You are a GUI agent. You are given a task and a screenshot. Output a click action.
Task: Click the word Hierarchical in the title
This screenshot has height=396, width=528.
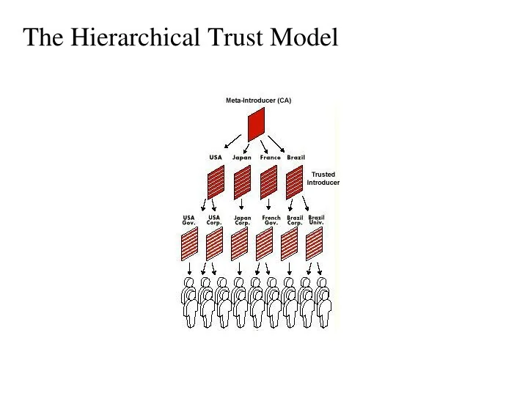pos(135,37)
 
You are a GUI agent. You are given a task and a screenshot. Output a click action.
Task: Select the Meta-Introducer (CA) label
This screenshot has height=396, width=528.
pos(259,100)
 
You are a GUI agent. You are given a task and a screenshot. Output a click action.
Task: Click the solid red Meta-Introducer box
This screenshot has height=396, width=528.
pos(256,125)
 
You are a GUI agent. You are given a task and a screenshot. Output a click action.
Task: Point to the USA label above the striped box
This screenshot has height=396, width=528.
pos(216,157)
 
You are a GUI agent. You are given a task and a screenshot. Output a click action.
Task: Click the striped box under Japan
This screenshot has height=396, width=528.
pos(242,182)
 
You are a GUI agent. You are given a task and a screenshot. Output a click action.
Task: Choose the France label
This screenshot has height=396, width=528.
pos(270,157)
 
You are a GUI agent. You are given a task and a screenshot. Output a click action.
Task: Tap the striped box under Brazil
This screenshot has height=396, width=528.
pos(294,182)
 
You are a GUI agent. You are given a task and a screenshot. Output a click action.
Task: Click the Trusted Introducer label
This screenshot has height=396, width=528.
pos(323,178)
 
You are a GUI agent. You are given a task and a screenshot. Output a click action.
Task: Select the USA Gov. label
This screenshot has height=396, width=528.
pos(188,220)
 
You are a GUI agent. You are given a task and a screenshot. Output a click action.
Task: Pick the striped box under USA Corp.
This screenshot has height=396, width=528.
pos(214,243)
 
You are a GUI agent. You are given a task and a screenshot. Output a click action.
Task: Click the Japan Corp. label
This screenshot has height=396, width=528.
pos(243,220)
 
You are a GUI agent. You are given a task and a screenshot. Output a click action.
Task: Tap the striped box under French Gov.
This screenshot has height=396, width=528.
pos(264,243)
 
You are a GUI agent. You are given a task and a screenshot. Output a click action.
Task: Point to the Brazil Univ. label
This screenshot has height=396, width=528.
pos(316,220)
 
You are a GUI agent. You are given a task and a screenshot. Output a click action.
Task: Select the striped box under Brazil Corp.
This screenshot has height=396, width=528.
pos(289,243)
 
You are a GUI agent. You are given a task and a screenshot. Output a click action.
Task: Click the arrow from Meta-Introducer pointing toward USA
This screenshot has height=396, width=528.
pos(232,142)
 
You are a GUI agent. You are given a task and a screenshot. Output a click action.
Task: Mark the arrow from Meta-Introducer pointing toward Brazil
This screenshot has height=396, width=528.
pos(276,144)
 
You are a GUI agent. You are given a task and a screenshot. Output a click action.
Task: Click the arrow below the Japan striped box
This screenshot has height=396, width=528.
pos(241,205)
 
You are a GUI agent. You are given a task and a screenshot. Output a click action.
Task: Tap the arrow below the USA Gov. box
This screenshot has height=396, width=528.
pos(189,269)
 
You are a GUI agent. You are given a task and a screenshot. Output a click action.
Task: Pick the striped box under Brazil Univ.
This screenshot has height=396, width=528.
pos(314,243)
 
